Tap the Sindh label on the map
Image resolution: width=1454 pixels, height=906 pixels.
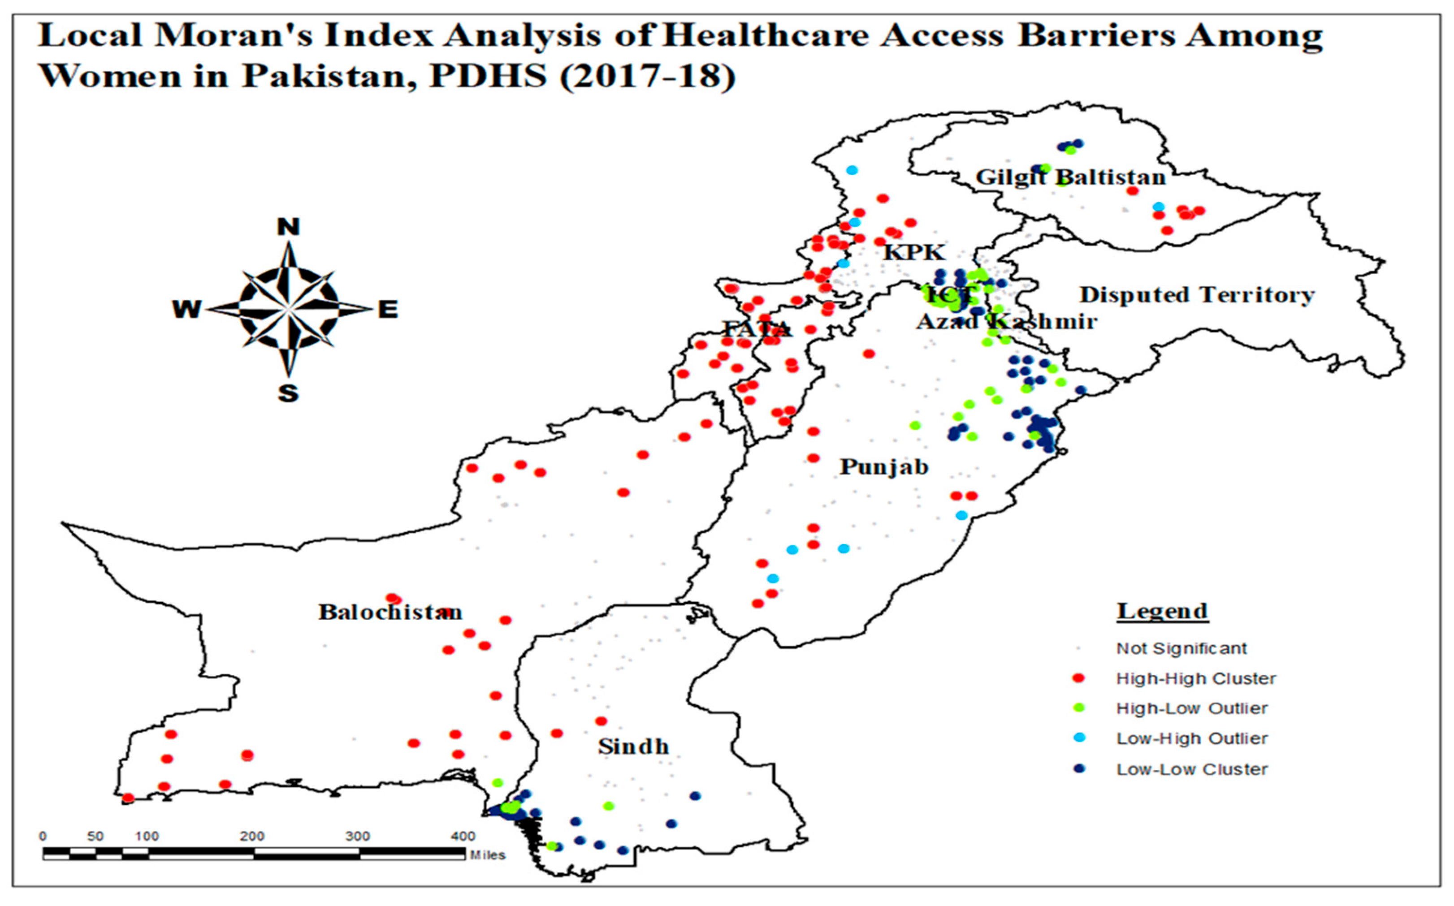coord(633,746)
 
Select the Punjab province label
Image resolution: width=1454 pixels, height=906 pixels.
coord(884,467)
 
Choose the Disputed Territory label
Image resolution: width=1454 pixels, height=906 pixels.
coord(1197,295)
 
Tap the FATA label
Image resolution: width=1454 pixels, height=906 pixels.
coord(757,329)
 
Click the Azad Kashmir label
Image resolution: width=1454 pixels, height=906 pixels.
coord(1007,322)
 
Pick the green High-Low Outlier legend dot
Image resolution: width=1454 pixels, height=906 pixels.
coord(1079,708)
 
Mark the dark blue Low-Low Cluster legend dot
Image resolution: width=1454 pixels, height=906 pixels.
coord(1079,769)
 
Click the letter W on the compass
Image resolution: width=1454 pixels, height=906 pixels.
coord(187,309)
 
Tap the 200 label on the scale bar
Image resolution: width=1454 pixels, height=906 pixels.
coord(252,837)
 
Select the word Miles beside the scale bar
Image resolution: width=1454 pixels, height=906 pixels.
coord(487,855)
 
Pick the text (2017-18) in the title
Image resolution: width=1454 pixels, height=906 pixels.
coord(647,77)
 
